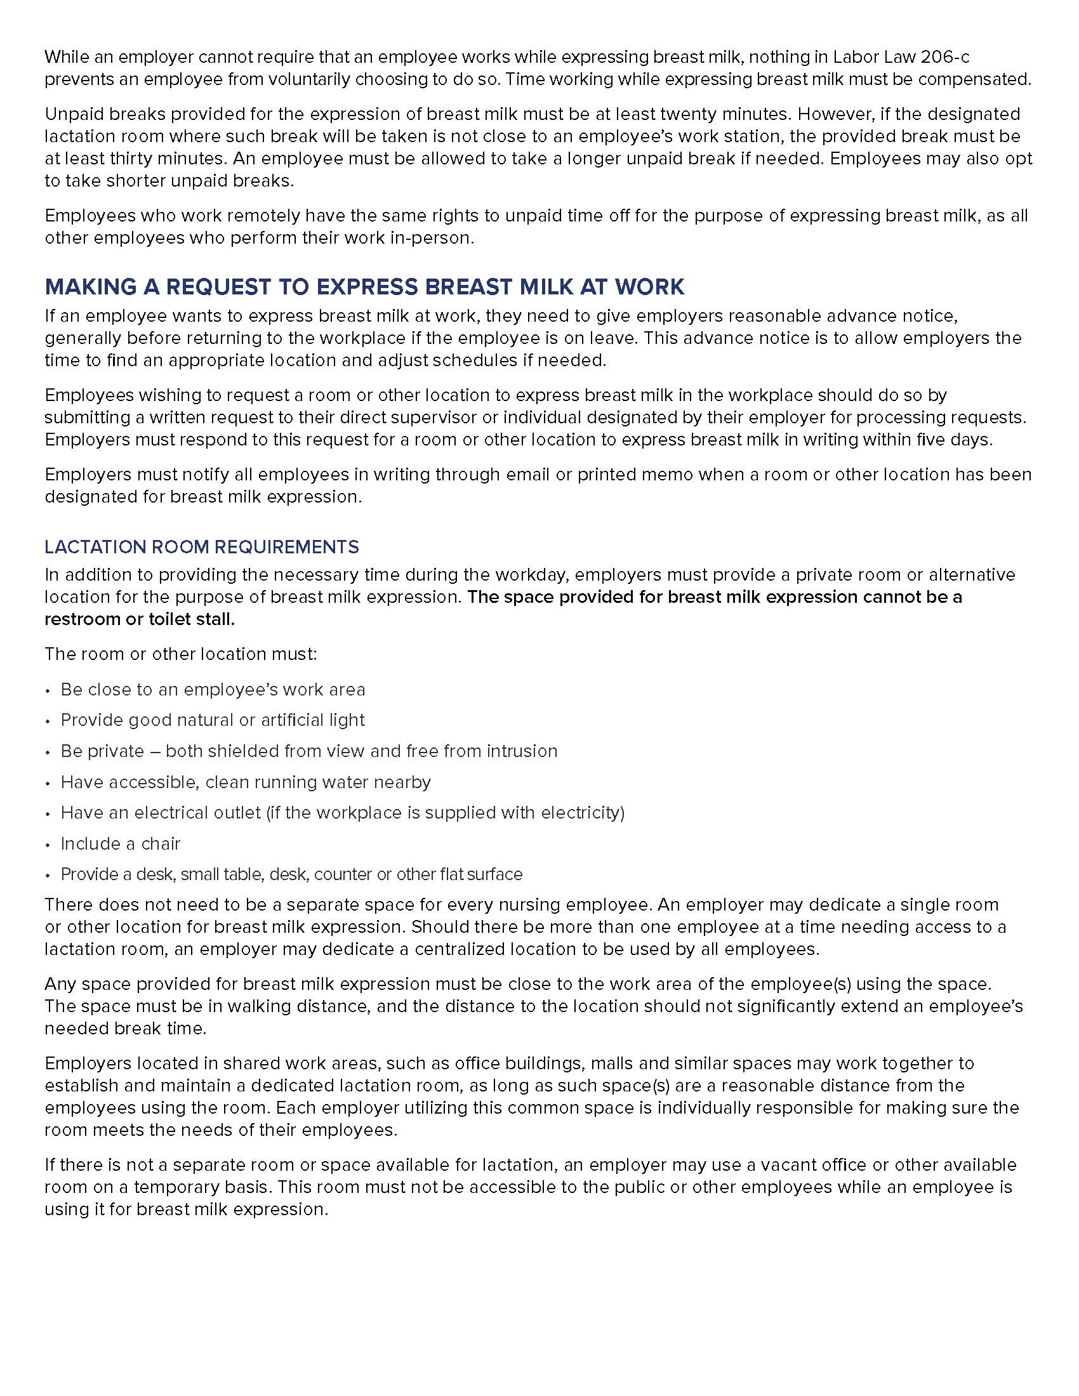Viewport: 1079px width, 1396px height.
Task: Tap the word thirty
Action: tap(127, 159)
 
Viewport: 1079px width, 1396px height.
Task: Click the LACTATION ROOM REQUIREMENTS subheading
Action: tap(201, 547)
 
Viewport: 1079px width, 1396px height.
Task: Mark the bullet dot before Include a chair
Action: tap(48, 845)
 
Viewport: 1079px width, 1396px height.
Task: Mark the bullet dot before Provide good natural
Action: tap(48, 721)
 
